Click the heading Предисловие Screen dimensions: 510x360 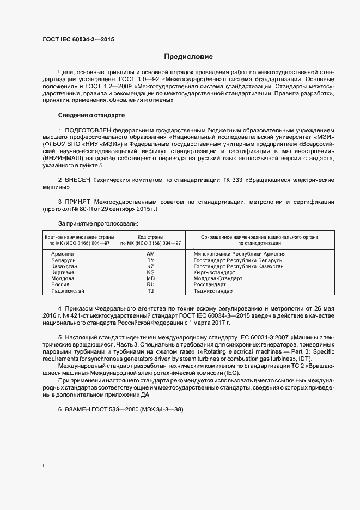coord(189,57)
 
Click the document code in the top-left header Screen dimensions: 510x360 coord(78,39)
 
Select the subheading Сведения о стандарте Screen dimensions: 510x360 coord(91,116)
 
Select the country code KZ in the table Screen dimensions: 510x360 coord(151,266)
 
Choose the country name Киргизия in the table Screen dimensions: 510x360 coord(63,272)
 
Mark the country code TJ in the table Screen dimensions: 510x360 coord(151,291)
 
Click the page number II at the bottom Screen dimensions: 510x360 coord(44,466)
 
